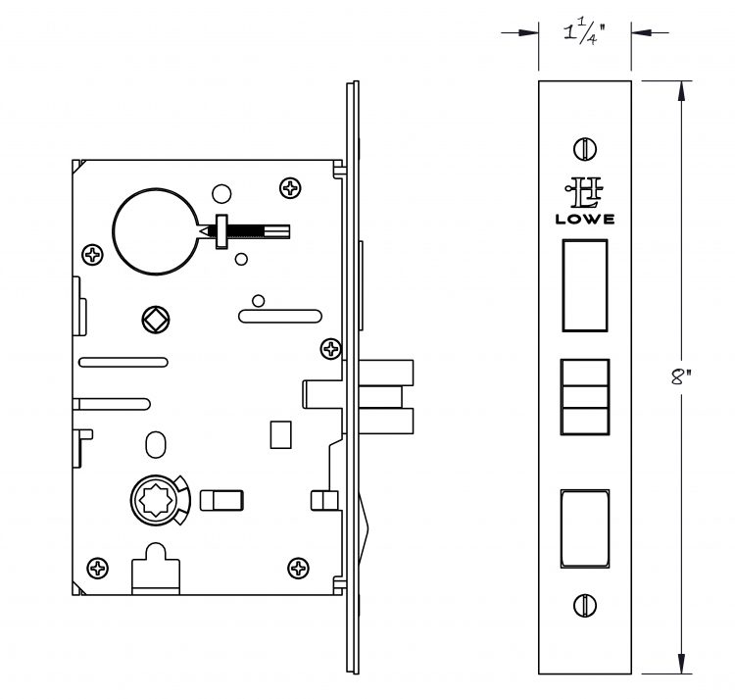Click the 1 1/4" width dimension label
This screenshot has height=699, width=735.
pos(584,33)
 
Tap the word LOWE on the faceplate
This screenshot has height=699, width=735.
pos(585,219)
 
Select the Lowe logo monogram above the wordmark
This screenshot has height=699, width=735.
pos(584,192)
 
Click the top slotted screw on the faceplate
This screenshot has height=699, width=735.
pos(585,149)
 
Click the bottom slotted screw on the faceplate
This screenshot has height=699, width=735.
pos(585,605)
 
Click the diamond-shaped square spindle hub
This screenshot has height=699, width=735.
pos(156,320)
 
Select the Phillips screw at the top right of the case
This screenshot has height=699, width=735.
pos(290,188)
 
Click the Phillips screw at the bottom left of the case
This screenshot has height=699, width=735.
pos(98,569)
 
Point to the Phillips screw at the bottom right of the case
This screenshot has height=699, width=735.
pos(298,569)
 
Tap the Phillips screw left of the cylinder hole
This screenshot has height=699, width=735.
pos(93,255)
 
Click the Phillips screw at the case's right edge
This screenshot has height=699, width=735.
pos(331,349)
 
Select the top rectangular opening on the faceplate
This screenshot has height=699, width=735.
pos(585,285)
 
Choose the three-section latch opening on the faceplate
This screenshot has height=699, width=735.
pos(585,397)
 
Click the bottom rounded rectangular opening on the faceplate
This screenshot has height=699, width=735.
pos(585,528)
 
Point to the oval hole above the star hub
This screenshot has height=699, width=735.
pos(156,445)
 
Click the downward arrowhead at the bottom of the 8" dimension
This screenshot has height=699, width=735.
pos(681,663)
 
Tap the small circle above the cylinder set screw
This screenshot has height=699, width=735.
pos(221,193)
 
